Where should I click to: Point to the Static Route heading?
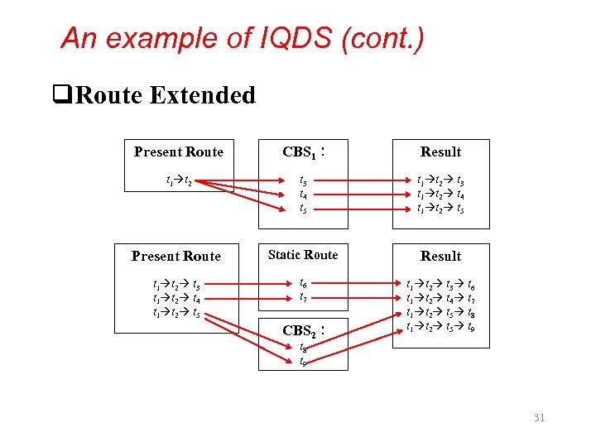coord(303,255)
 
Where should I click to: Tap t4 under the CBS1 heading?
coord(303,194)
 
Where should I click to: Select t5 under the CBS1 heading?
coord(303,209)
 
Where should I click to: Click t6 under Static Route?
coord(303,283)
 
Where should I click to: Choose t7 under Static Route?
coord(303,297)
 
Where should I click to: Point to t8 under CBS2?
coord(303,348)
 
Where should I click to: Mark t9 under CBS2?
coord(303,363)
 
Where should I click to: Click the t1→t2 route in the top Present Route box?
coord(179,179)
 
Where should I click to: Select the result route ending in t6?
coord(440,283)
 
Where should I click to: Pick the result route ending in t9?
coord(440,328)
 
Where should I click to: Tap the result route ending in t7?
coord(440,298)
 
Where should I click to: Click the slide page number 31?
coord(540,418)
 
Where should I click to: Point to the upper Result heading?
coord(440,152)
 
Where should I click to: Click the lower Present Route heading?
coord(176,257)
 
